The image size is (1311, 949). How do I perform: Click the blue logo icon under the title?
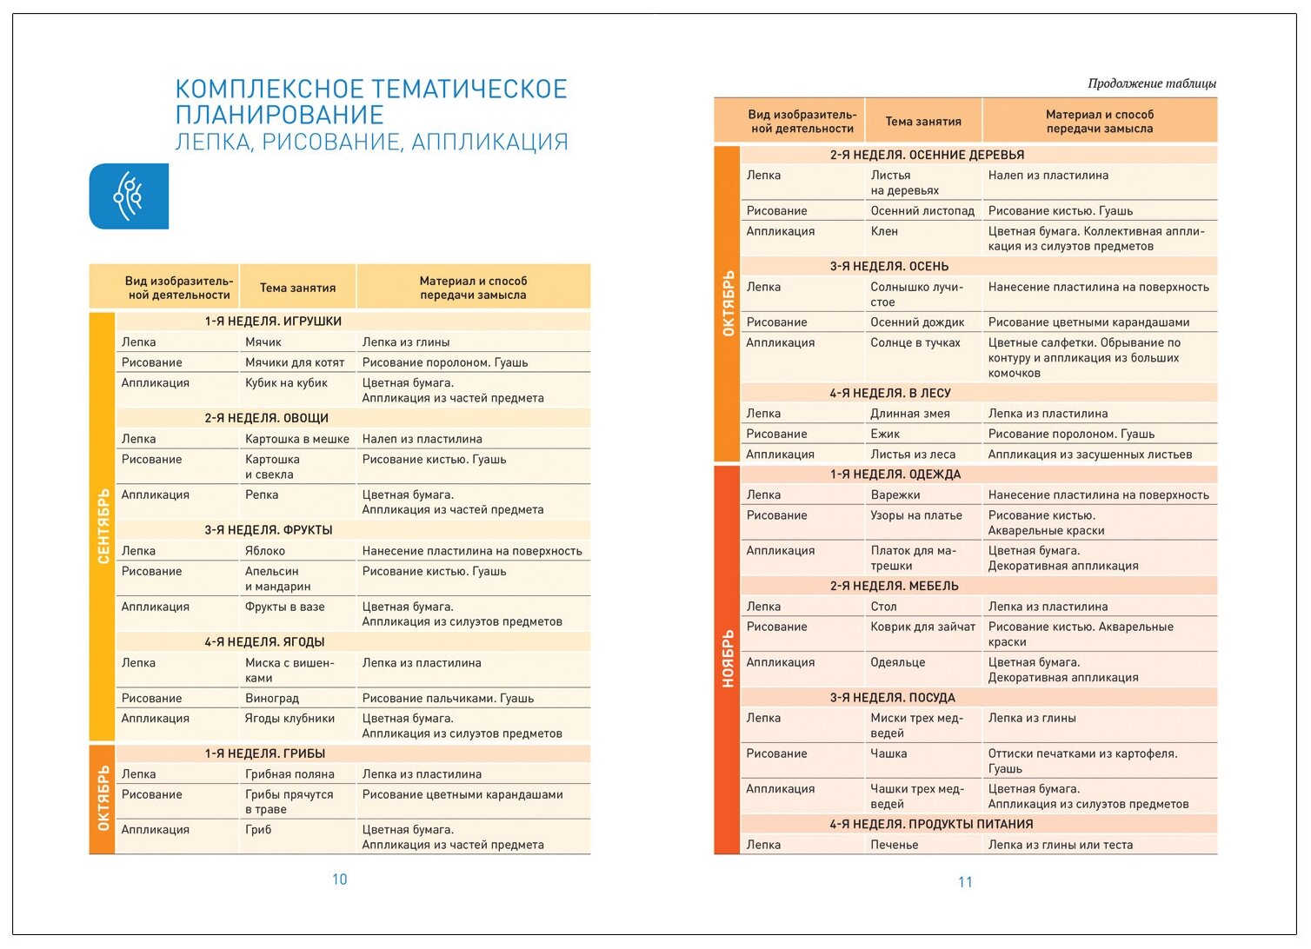click(x=129, y=196)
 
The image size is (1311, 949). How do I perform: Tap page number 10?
click(x=339, y=879)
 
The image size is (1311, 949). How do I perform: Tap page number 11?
click(x=965, y=882)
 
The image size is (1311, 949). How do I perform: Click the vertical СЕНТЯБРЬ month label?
click(x=103, y=526)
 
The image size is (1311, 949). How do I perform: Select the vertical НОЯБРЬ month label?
click(x=728, y=659)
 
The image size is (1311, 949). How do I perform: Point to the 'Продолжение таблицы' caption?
click(x=1151, y=83)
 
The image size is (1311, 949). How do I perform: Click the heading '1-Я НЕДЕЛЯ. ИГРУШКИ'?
click(x=273, y=322)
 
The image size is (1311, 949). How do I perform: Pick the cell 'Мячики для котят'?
click(x=295, y=362)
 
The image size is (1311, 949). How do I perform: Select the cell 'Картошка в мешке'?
click(x=296, y=439)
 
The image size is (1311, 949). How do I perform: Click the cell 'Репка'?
click(x=262, y=494)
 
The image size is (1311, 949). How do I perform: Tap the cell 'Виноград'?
click(x=272, y=698)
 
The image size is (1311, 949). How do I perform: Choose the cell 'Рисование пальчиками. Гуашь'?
click(x=448, y=698)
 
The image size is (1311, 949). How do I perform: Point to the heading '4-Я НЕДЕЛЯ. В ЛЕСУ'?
click(x=889, y=393)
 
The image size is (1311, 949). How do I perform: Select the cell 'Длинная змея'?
click(x=909, y=414)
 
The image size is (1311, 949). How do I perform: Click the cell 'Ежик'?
click(x=885, y=434)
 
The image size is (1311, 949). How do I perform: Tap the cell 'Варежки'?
click(x=895, y=494)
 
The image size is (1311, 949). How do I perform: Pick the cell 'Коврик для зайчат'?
click(x=922, y=627)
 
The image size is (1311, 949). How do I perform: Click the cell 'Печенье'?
click(x=894, y=845)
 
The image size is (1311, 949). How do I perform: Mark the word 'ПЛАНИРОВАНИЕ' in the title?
click(x=279, y=115)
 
